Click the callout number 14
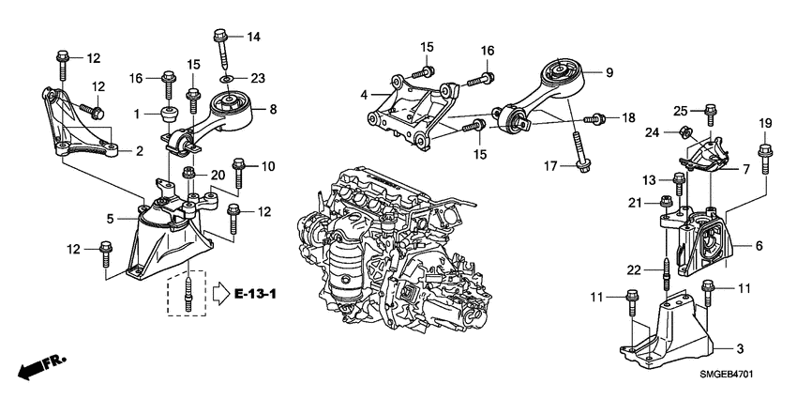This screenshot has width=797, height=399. (252, 37)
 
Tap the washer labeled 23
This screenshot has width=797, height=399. (226, 78)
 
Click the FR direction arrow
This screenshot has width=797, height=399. (37, 366)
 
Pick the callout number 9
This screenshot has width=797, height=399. (608, 72)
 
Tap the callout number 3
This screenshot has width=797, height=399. (740, 349)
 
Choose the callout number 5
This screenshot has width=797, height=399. (110, 219)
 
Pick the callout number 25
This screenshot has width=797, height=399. (682, 110)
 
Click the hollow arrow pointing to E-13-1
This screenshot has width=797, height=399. (219, 295)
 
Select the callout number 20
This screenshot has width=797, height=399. (218, 175)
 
